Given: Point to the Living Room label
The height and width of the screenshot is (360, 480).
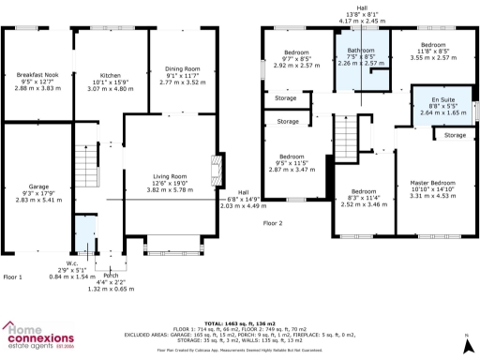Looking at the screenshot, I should [170, 175].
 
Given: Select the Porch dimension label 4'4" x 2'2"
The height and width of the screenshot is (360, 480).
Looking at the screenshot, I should [112, 281].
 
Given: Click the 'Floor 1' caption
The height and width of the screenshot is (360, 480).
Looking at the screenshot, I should [13, 277].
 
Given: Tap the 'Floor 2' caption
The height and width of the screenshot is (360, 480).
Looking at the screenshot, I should [272, 223].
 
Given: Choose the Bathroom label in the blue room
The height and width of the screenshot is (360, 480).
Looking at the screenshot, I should [361, 51].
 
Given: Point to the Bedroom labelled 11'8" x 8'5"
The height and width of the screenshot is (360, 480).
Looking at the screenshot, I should [432, 45].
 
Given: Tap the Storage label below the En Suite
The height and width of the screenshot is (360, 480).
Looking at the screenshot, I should [455, 135].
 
